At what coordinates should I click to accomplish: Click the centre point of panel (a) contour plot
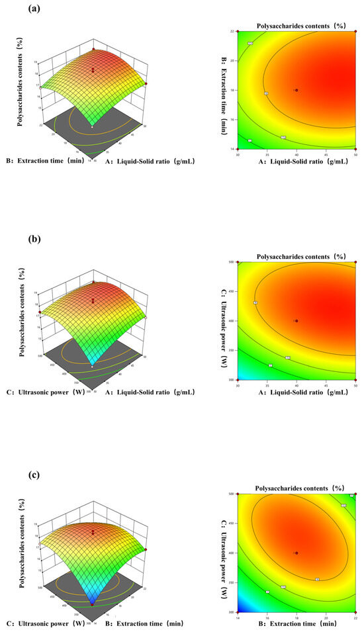coord(296,90)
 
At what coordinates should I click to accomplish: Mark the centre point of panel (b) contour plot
coord(296,321)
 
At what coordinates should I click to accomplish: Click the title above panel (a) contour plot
coord(296,24)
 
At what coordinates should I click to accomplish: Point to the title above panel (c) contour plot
coord(296,488)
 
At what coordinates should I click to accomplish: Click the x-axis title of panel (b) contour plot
coord(296,392)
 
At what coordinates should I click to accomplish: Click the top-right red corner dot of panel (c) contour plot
coord(356,494)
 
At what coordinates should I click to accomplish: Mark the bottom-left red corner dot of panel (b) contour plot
coord(237,380)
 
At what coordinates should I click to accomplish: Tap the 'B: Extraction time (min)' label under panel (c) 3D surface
coord(145,623)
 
